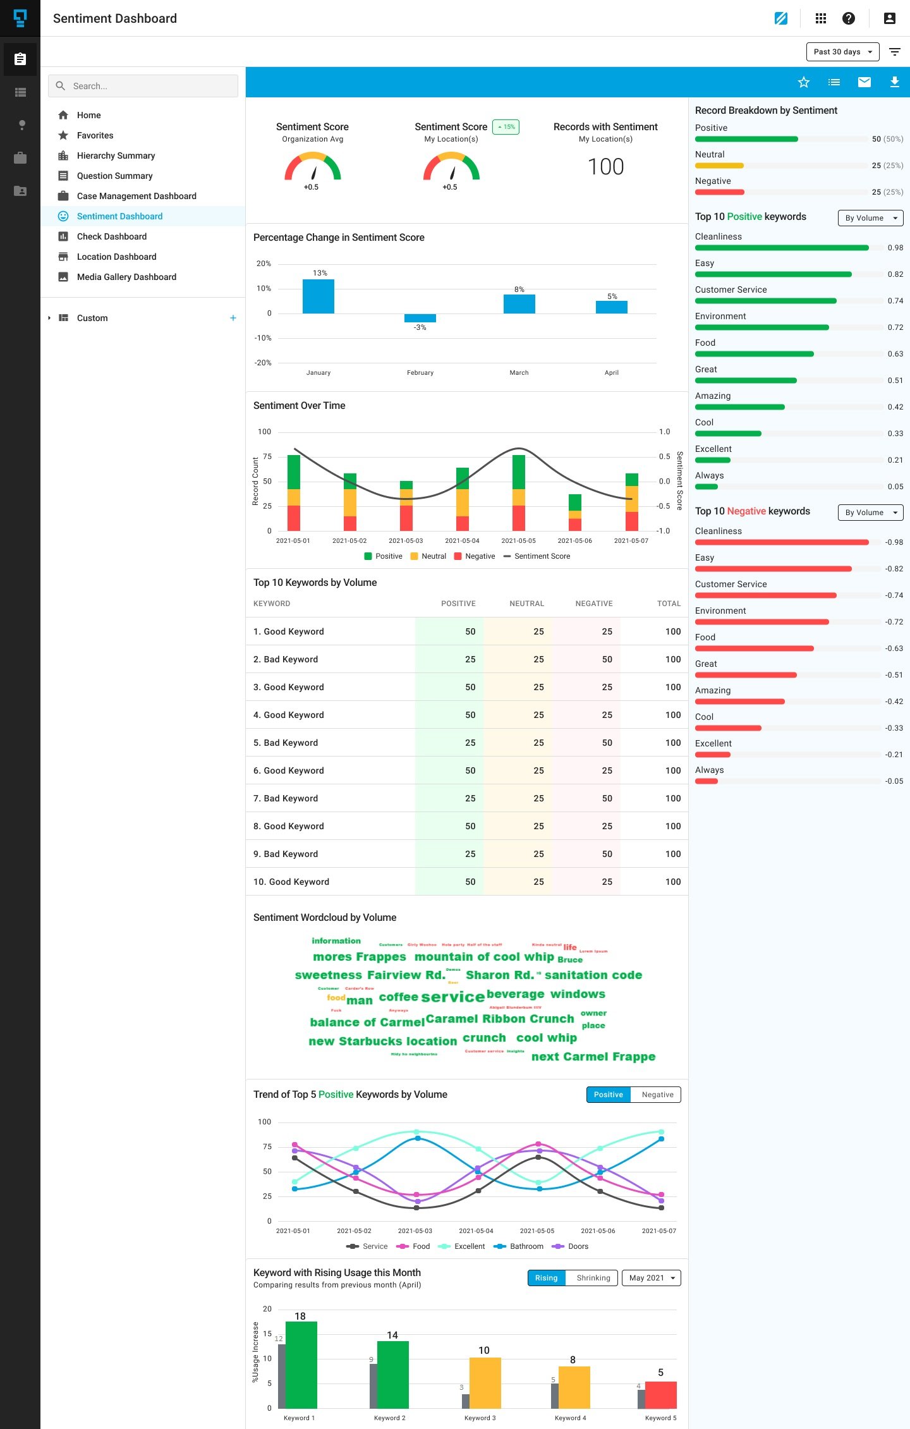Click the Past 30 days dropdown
(x=842, y=52)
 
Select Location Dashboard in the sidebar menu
(x=116, y=257)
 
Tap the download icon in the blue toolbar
(x=894, y=82)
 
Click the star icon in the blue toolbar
(x=803, y=82)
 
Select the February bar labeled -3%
(x=420, y=318)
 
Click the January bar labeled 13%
(x=318, y=296)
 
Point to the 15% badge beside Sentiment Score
(x=506, y=127)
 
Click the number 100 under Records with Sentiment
(x=605, y=167)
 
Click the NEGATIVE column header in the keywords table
(x=593, y=604)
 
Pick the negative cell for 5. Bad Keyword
(x=607, y=743)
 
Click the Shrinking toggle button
(x=593, y=1278)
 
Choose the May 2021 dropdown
(x=651, y=1278)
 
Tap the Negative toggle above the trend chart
(x=657, y=1095)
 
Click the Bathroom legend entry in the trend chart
(x=526, y=1246)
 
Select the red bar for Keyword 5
(x=661, y=1395)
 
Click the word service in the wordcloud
(x=452, y=997)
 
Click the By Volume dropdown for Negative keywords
(x=870, y=513)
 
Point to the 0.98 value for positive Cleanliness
(x=895, y=248)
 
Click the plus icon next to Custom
(x=233, y=318)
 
